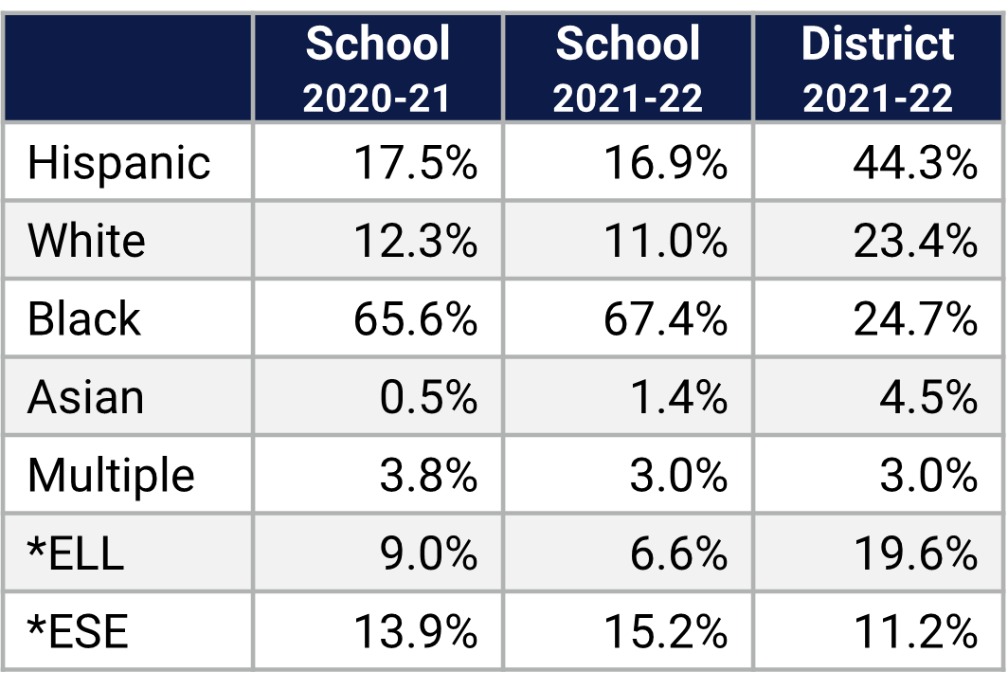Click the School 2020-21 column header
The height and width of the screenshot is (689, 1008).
(378, 68)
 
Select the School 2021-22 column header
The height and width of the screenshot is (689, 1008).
(628, 68)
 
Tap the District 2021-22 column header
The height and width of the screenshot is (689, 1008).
(878, 68)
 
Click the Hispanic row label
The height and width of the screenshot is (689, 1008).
(118, 163)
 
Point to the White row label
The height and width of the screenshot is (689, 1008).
(86, 241)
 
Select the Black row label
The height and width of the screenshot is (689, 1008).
(83, 318)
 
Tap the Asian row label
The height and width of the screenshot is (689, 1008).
(85, 396)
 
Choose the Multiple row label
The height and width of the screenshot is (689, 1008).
(111, 475)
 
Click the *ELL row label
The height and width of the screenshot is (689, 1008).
(76, 553)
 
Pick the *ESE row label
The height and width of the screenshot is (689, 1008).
(78, 630)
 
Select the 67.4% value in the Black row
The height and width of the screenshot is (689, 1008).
(665, 318)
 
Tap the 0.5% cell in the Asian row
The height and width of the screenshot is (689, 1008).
(427, 396)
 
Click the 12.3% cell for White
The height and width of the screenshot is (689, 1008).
(415, 241)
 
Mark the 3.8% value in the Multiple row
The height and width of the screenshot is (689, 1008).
(427, 475)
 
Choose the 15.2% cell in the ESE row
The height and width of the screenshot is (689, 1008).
(665, 630)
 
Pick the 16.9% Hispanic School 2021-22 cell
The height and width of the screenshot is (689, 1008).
(665, 163)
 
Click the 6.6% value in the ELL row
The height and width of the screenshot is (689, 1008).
(677, 553)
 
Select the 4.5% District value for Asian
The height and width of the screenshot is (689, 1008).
(927, 396)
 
